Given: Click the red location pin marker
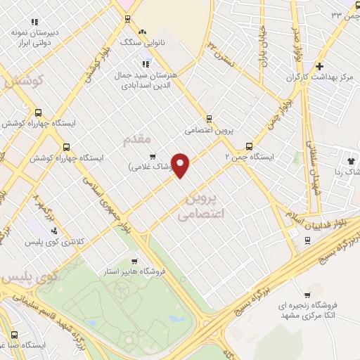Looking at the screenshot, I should (181, 165).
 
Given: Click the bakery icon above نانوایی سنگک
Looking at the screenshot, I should (143, 32).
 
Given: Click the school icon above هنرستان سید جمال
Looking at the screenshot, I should (146, 63).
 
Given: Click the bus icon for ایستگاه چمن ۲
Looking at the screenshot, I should (249, 146).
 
